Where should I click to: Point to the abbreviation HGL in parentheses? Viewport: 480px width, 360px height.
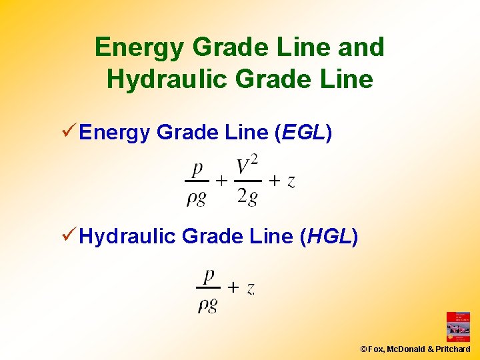tap(330, 237)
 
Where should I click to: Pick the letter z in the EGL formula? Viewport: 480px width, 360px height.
tap(291, 181)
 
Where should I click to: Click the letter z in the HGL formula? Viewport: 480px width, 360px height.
tap(250, 288)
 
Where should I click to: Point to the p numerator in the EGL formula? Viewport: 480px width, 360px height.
tap(197, 168)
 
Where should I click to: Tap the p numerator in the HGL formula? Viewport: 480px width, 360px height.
tap(208, 275)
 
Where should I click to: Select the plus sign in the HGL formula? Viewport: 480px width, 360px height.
tap(233, 288)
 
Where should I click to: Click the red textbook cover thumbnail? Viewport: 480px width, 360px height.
tap(458, 327)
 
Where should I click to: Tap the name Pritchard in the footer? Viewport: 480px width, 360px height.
tap(453, 349)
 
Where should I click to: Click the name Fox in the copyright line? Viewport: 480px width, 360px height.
tap(375, 349)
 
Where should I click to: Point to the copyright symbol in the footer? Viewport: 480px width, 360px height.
tap(363, 349)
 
